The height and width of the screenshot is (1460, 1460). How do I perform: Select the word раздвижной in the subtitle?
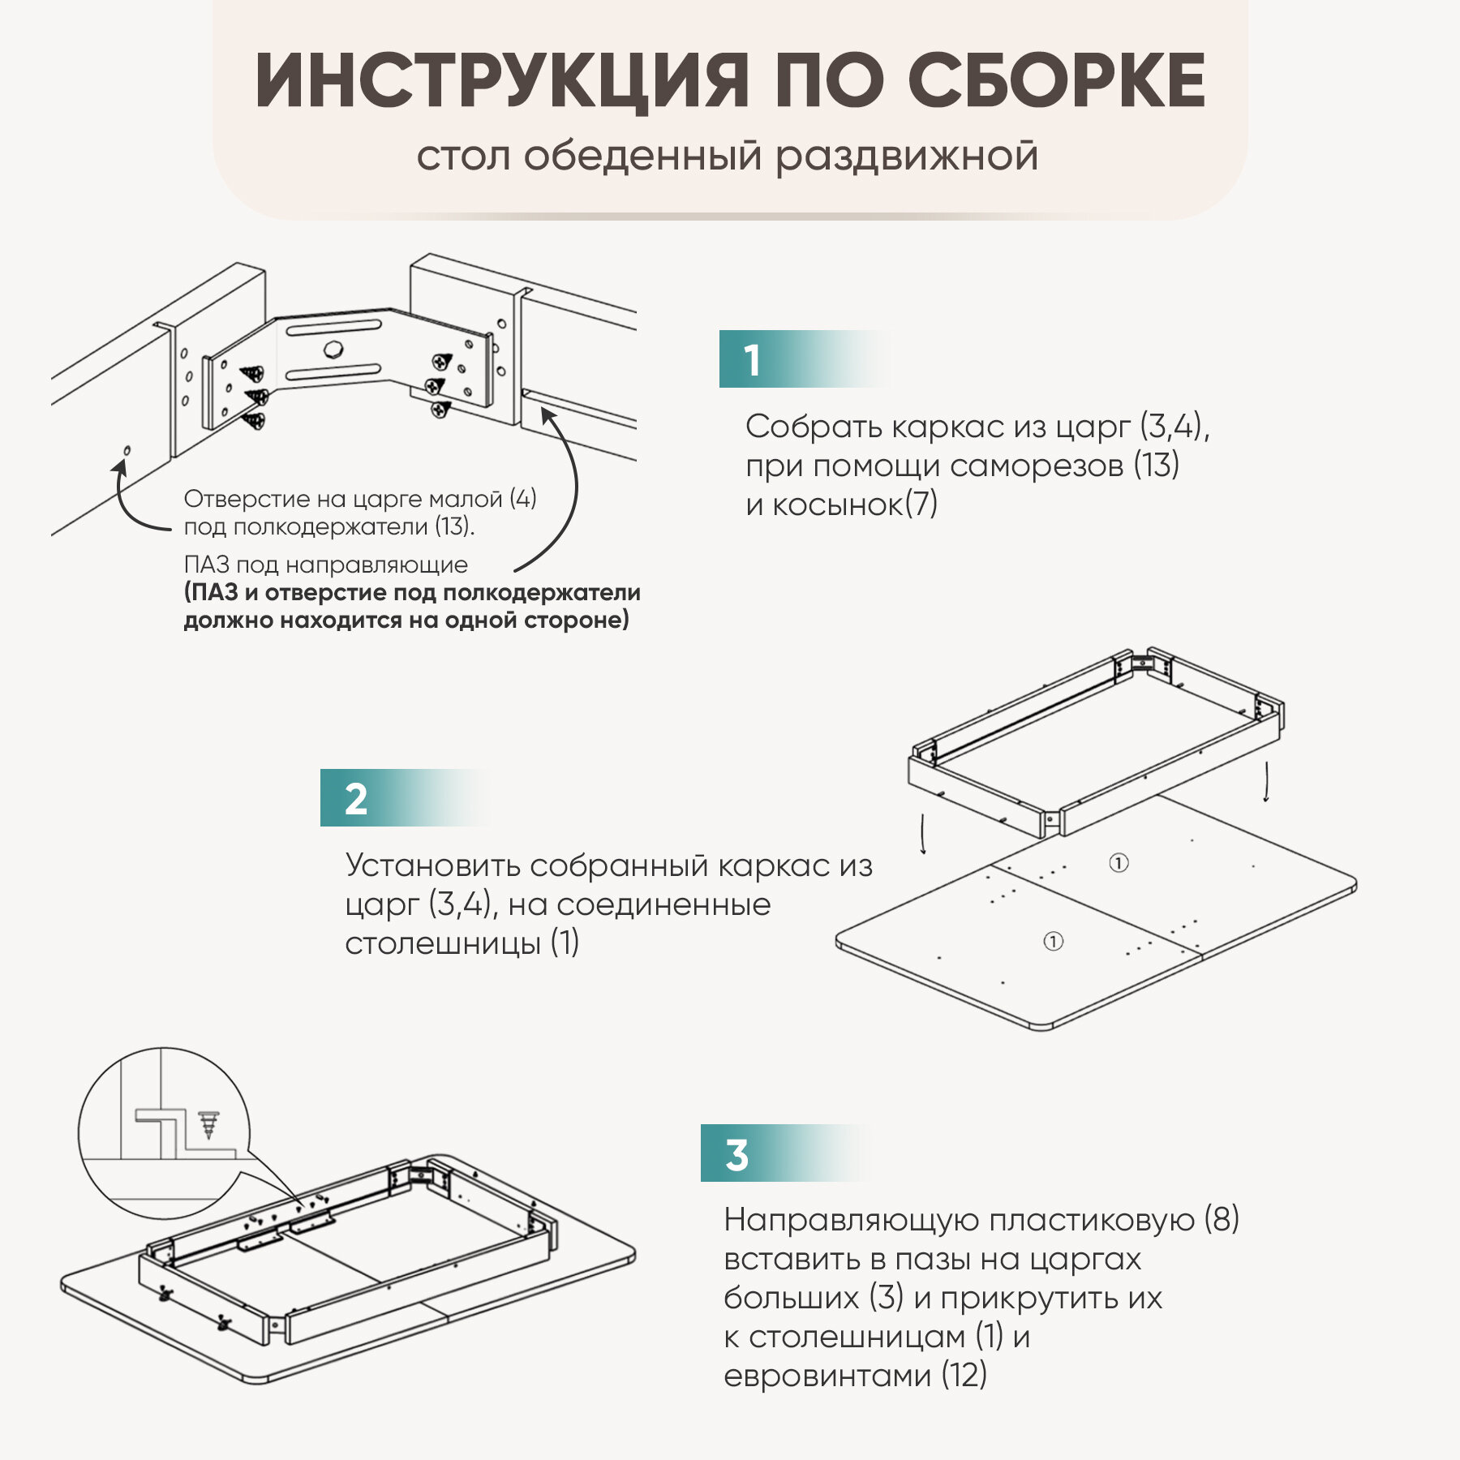tap(907, 157)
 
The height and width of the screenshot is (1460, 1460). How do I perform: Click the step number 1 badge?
tap(753, 359)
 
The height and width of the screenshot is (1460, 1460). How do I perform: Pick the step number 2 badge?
tap(356, 799)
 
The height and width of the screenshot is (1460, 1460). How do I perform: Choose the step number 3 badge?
tap(736, 1154)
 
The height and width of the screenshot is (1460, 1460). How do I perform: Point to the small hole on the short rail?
tap(127, 450)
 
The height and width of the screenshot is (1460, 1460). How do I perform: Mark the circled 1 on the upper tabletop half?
tap(1119, 863)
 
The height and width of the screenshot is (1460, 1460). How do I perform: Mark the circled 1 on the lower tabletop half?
tap(1053, 941)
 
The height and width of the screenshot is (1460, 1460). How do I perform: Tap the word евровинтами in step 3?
tap(827, 1376)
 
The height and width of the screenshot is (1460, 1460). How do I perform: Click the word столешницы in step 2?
tap(443, 943)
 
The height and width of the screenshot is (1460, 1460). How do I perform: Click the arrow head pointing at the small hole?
tap(121, 466)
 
